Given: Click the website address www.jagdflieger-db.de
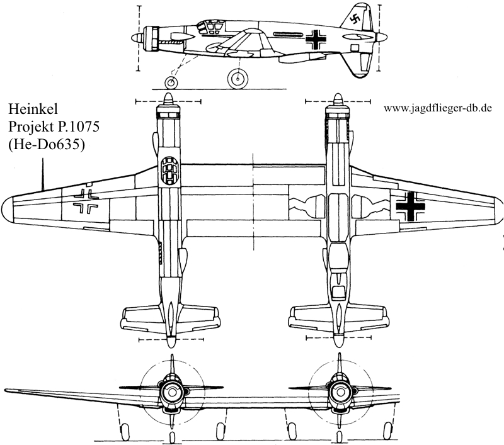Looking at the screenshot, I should pos(437,108).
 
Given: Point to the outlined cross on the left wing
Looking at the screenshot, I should pos(86,201).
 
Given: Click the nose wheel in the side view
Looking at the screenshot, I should pos(171,82).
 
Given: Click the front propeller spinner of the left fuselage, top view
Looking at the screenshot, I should pos(168,100).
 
